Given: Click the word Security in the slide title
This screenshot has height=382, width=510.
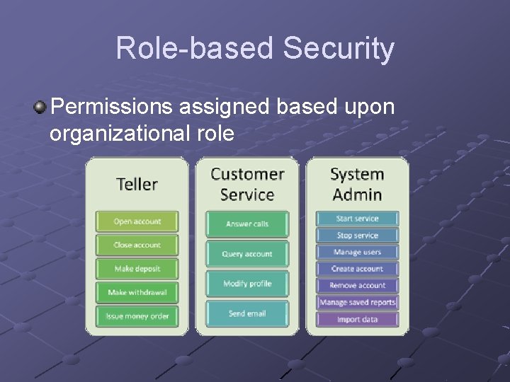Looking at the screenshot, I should [339, 49].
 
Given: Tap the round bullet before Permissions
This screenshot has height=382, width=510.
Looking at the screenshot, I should [40, 108].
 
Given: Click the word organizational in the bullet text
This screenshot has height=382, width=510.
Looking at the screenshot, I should [118, 133].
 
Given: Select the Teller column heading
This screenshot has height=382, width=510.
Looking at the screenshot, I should [137, 184].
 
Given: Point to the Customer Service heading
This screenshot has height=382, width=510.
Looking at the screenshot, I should [247, 183].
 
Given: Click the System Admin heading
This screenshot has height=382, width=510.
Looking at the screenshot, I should [357, 183].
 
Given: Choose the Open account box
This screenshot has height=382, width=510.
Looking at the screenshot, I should [137, 221].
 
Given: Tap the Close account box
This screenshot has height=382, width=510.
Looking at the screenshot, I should [137, 245].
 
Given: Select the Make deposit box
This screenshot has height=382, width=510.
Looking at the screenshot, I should [137, 269].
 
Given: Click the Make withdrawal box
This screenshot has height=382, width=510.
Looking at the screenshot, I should [137, 292].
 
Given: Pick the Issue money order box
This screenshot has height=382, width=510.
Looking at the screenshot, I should [137, 316].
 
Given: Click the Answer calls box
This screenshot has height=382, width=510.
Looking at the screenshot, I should [247, 224].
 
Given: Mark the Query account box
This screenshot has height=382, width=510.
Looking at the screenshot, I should [247, 254].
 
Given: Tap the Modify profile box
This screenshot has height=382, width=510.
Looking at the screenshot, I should [247, 284].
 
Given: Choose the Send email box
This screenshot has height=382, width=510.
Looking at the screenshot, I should [247, 313].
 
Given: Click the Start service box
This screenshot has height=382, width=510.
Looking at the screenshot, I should [357, 219].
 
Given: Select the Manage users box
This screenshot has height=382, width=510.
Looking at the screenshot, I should [357, 252].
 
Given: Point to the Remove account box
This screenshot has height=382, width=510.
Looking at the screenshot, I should [357, 285].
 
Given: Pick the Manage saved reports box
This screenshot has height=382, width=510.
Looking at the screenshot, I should [357, 302].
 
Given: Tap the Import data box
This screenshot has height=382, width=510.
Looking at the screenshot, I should [357, 319].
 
